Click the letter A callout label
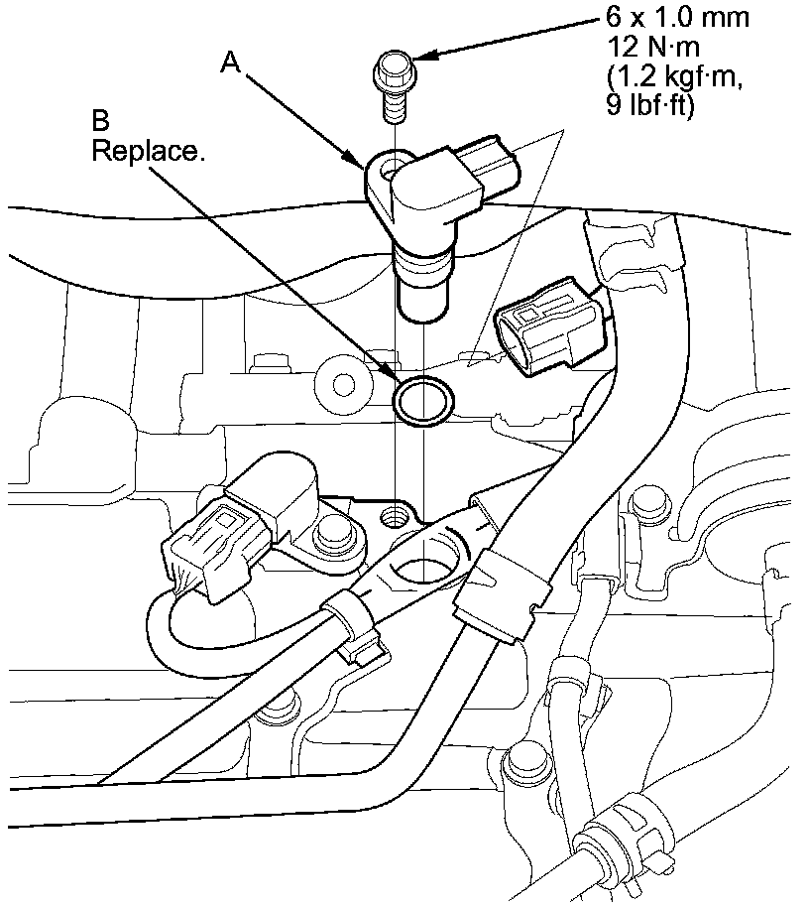tap(230, 63)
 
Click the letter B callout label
tap(100, 122)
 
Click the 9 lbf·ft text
tap(653, 104)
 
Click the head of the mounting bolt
tap(396, 70)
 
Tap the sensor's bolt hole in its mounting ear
tap(393, 165)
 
